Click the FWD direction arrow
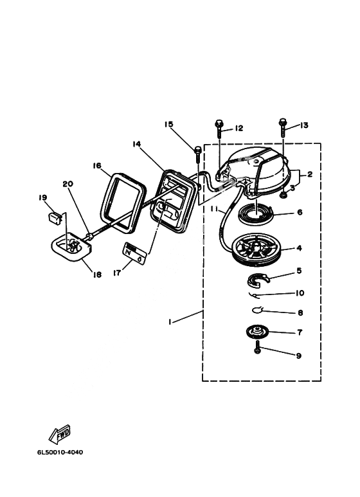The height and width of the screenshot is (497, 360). pos(60,434)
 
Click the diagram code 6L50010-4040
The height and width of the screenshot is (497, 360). pos(60,452)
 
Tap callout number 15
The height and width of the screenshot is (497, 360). pos(168,124)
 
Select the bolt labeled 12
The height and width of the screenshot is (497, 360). pos(219,130)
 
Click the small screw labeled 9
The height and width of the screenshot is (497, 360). pos(257,347)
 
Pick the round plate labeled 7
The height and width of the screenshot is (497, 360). pos(257,332)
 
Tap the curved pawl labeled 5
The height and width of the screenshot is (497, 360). pos(258,280)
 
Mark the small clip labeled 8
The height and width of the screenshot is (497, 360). pos(257,310)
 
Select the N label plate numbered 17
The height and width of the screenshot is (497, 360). pos(135,253)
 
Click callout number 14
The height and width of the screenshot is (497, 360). pos(136,144)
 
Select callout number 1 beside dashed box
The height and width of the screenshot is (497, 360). pos(170,321)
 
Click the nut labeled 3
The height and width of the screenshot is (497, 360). pos(283,196)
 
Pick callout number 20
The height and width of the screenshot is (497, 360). pos(67,184)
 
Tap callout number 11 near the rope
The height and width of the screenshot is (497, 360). pos(215,209)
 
